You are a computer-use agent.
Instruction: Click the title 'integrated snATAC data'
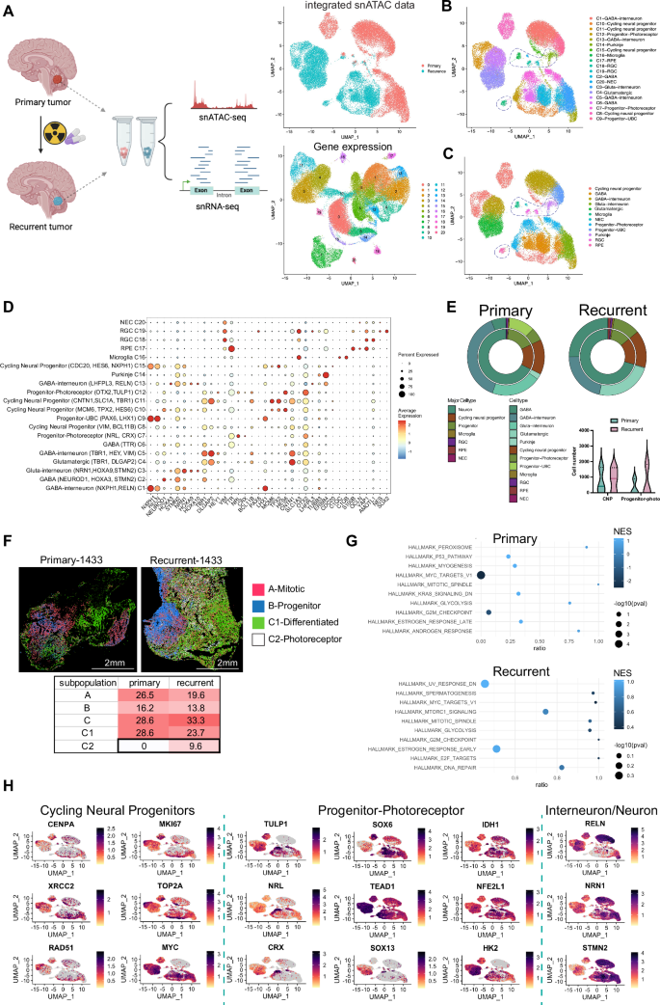[350, 8]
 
